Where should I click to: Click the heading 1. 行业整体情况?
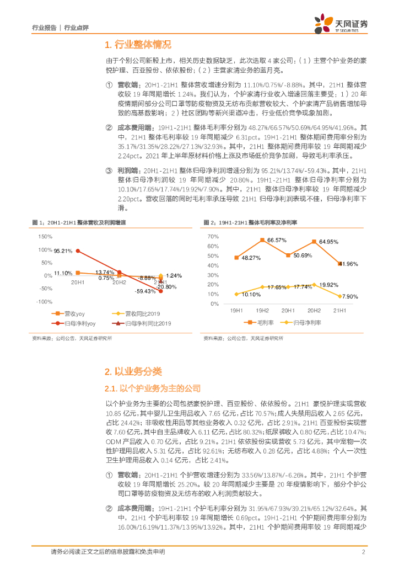pyautogui.click(x=138, y=45)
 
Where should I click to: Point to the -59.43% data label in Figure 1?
pyautogui.click(x=145, y=291)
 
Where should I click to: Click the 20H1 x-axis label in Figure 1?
pyautogui.click(x=78, y=282)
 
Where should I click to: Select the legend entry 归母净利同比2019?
pyautogui.click(x=145, y=323)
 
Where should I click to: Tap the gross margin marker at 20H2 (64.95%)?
pyautogui.click(x=314, y=242)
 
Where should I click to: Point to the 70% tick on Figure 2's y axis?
pyautogui.click(x=213, y=236)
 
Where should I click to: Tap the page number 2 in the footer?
pyautogui.click(x=364, y=552)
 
